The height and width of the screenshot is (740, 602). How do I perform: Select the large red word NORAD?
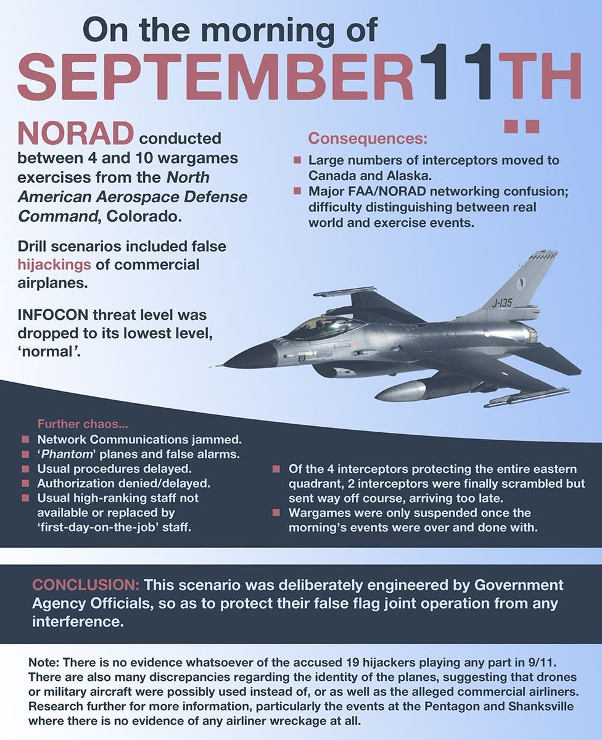point(75,134)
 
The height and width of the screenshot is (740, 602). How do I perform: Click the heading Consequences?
point(368,138)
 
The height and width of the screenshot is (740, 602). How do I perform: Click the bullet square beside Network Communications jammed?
point(25,440)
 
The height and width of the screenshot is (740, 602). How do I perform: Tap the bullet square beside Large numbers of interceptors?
point(297,160)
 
